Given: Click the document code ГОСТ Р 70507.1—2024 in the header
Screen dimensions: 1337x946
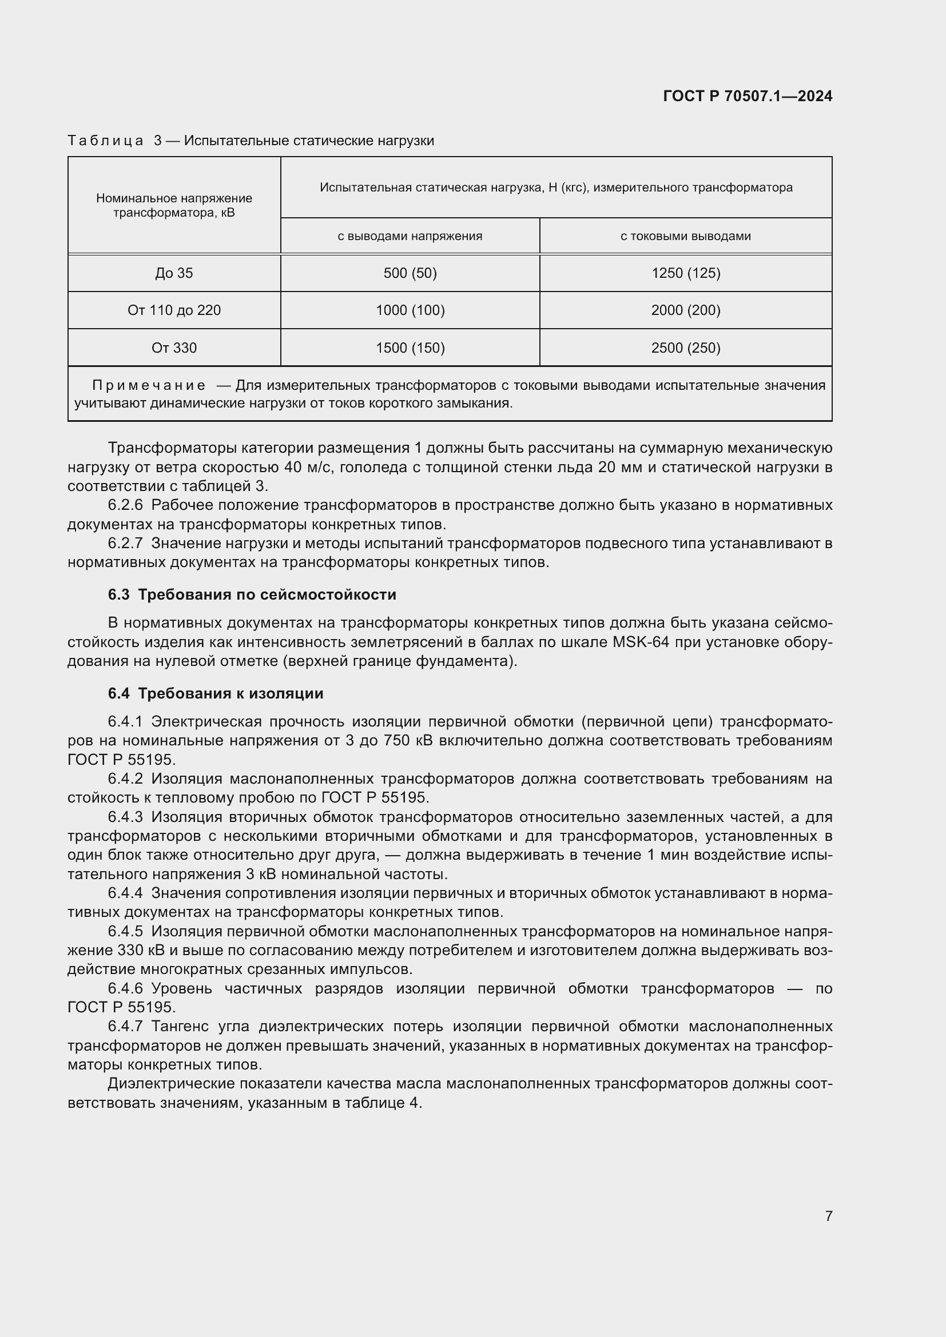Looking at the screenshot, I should [x=748, y=96].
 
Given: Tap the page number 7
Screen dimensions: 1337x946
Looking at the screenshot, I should [x=828, y=1216].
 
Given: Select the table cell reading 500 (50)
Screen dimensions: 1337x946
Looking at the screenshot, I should [x=410, y=273].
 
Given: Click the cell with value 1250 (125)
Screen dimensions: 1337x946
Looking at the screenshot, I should [x=686, y=273].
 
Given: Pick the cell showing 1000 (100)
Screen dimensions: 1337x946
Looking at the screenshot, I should [x=410, y=310].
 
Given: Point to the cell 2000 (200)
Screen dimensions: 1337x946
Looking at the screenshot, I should [x=686, y=310].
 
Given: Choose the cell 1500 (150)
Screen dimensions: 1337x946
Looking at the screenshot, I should [x=410, y=348].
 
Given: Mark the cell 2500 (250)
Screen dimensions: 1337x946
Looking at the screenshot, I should [x=686, y=348].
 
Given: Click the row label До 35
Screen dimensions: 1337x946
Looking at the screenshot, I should [x=174, y=273].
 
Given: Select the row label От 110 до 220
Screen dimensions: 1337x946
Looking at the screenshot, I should [x=174, y=310].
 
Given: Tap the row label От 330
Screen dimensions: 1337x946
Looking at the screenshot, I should [x=174, y=348].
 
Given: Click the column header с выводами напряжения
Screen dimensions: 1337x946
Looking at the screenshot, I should [x=410, y=237].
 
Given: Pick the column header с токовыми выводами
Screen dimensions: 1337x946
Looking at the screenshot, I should [x=685, y=237].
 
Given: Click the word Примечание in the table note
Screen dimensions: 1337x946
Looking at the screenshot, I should [x=149, y=385].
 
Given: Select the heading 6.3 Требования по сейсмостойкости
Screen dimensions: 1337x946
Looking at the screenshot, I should [x=252, y=594].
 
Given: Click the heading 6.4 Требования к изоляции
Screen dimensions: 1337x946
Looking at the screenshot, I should [x=216, y=693].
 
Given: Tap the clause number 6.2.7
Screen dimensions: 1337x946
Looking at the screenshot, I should [x=125, y=543].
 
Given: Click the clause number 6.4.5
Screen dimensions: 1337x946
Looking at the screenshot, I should [x=125, y=932].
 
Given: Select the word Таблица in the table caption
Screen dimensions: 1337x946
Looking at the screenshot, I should [x=105, y=141].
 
